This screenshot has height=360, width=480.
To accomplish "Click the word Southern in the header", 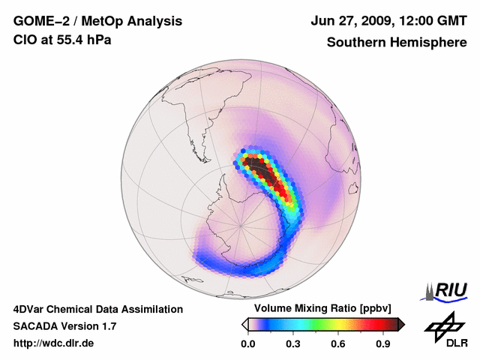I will point(355,42).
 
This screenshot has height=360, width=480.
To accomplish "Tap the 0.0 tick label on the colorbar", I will point(247,344).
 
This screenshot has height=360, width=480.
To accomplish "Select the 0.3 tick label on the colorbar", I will point(292,344).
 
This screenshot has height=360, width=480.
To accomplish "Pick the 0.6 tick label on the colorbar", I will point(337,344).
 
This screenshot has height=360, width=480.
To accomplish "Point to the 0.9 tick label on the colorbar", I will point(382,344).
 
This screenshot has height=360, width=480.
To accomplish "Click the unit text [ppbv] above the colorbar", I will point(370,309).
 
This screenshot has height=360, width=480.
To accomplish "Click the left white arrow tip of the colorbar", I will point(244,324).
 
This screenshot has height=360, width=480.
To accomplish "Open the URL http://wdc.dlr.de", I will point(54,343).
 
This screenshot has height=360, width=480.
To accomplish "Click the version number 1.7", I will point(106,326).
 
